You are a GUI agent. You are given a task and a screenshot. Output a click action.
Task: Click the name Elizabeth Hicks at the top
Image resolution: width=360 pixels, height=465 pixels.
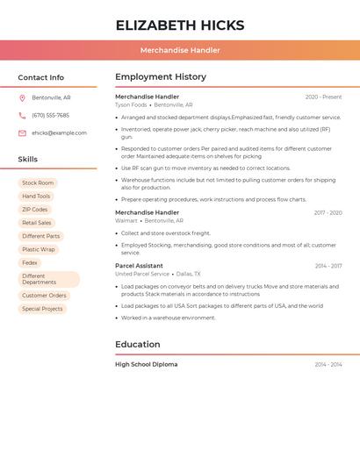180,25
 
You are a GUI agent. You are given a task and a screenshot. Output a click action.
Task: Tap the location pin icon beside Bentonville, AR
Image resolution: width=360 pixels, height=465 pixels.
22,97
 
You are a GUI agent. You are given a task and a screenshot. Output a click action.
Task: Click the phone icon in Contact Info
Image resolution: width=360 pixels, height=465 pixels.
22,115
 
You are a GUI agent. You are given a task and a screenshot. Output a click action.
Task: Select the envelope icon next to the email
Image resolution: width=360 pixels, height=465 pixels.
22,133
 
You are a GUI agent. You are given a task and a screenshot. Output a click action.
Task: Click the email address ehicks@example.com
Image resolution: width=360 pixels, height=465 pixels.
59,133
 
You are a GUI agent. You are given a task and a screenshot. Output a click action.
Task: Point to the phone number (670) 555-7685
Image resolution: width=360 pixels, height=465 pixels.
50,115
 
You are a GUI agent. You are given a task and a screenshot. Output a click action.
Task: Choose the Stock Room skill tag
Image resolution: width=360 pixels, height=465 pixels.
38,182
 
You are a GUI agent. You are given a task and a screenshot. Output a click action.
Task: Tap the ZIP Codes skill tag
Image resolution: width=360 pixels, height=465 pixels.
35,210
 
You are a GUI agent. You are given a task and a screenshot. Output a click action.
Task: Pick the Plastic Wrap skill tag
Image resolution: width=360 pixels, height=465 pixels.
39,249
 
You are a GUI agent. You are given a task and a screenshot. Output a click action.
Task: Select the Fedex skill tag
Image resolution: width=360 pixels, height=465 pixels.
30,262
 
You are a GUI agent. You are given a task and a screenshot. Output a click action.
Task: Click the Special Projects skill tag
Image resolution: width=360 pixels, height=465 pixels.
42,309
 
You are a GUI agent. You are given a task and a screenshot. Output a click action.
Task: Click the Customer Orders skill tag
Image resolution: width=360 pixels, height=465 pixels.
44,296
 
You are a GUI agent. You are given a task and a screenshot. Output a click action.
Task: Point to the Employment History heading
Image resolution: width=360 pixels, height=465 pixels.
161,76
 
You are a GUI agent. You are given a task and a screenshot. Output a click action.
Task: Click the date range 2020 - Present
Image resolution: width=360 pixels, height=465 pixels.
323,97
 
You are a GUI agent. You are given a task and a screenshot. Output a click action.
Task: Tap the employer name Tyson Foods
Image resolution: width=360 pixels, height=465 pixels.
131,105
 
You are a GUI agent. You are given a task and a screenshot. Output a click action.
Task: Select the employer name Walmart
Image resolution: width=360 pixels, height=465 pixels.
126,221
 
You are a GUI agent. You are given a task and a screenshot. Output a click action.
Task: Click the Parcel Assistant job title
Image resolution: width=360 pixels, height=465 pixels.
139,265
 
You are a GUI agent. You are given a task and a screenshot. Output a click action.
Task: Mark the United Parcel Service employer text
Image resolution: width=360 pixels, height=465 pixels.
142,274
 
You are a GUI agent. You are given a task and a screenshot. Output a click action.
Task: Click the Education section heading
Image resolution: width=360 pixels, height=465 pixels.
138,344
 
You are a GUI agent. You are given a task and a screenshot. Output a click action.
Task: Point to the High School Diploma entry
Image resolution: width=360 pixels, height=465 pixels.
146,364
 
